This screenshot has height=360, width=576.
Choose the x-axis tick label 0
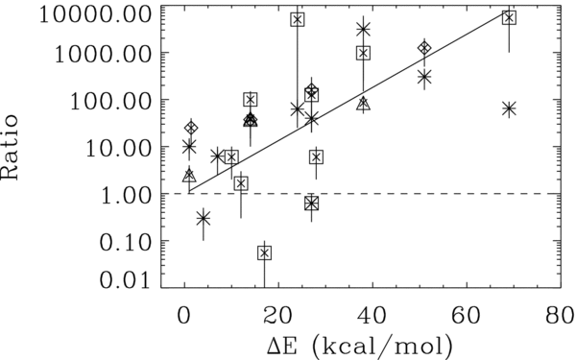[183, 314]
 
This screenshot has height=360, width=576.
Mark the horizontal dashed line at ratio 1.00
[432, 194]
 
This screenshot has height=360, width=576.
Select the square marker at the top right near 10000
[509, 17]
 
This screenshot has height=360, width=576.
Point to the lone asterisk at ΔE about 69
[509, 109]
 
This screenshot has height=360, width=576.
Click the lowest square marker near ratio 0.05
[264, 252]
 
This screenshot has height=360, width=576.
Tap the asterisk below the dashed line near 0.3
[203, 219]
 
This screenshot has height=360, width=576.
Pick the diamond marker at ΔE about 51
[424, 48]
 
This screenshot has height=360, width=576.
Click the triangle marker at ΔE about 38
[363, 103]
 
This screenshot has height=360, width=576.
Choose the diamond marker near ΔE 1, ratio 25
[191, 128]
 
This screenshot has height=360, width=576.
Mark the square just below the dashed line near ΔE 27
[311, 203]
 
